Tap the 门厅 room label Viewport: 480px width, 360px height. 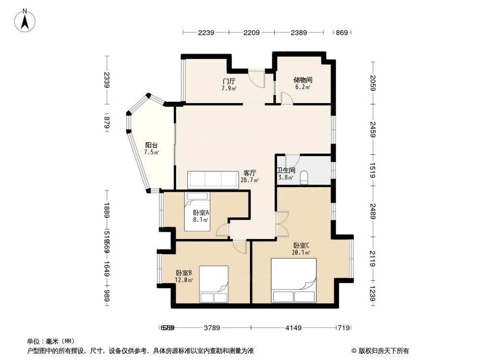[x=229, y=81]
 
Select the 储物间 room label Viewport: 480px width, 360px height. [x=303, y=80]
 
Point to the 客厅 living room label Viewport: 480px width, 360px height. [x=249, y=173]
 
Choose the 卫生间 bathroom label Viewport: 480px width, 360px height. [x=286, y=170]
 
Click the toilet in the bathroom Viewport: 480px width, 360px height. [x=303, y=179]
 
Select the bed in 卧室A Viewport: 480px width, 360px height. [x=198, y=211]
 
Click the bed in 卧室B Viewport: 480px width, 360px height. [x=214, y=285]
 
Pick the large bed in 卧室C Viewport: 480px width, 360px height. [x=294, y=280]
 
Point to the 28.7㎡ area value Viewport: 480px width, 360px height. [x=249, y=180]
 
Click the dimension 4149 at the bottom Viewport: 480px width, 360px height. [x=293, y=328]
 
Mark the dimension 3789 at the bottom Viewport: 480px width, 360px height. [x=212, y=328]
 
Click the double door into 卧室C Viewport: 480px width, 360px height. [x=281, y=223]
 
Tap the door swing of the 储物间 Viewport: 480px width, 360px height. [x=287, y=98]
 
